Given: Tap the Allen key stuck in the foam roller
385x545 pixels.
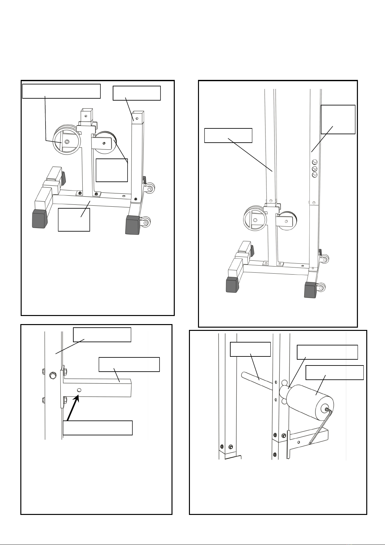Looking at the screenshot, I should point(320,427).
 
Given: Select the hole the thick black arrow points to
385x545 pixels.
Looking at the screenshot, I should point(79,390).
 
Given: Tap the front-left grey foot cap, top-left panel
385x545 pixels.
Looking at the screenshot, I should point(39,219).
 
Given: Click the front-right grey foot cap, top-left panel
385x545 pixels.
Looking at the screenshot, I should point(133,224).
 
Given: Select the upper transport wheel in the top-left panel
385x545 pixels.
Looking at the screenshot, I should point(150,187).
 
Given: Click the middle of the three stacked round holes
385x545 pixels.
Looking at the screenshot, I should point(315,169).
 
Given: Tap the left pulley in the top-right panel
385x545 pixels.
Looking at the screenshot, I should point(254,220).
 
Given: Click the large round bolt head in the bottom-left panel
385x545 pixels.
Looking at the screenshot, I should point(52,376).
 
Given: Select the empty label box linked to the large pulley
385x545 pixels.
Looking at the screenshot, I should point(61,91).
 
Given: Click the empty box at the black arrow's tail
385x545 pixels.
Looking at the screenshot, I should point(98,428).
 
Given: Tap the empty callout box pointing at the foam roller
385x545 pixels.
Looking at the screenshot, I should point(334,372).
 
